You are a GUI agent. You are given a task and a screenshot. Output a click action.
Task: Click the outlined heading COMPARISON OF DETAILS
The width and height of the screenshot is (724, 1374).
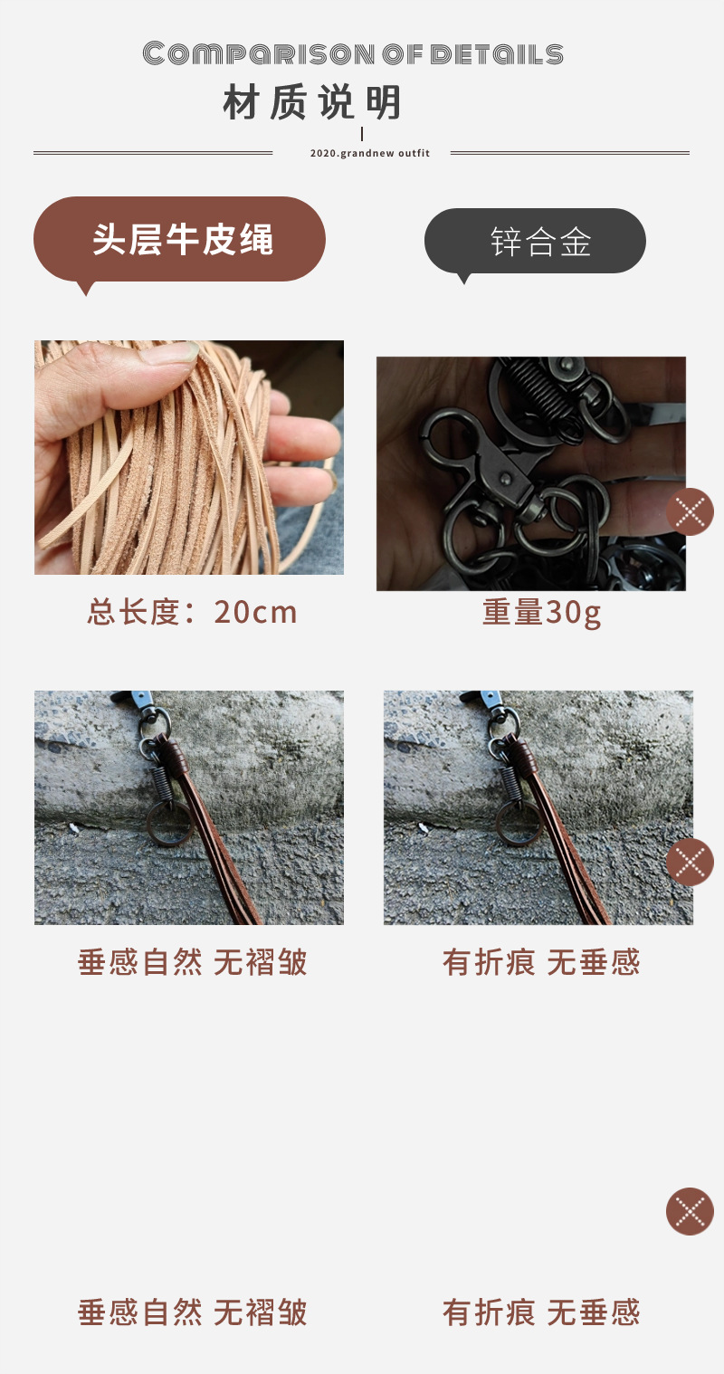coord(353,54)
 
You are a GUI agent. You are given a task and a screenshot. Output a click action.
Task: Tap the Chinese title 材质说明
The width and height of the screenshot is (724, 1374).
coord(312,104)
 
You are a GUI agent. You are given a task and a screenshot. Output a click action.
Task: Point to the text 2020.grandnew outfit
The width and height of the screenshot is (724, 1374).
coord(369,154)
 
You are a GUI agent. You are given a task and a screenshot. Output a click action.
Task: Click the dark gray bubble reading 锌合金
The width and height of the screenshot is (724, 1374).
coord(535,241)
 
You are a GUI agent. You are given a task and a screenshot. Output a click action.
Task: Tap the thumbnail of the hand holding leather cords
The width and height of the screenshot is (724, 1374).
coord(189,457)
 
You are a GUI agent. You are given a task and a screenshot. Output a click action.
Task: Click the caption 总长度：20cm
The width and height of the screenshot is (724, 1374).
coord(192,613)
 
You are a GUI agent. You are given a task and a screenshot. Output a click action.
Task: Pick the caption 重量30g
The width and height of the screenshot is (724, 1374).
coord(541,613)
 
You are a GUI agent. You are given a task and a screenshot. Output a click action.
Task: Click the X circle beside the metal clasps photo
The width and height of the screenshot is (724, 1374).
coord(690,511)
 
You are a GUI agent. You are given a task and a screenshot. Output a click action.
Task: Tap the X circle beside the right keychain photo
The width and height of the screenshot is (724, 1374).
coord(690,862)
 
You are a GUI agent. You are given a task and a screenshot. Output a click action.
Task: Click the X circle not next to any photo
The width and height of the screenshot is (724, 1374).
coord(690,1211)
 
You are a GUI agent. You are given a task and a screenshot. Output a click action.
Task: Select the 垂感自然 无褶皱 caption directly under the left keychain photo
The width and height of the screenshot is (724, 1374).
coord(192,962)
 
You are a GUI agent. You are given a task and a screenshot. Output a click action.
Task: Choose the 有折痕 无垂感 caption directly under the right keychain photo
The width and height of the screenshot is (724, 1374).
coord(541,962)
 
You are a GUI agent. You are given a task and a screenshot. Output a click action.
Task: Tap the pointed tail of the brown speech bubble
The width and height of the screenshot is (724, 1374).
coord(87,289)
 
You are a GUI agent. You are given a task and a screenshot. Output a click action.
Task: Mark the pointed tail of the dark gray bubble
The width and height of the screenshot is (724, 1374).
coord(464,279)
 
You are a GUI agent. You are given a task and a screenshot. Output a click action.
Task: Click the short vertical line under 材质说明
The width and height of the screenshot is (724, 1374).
coord(362,134)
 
